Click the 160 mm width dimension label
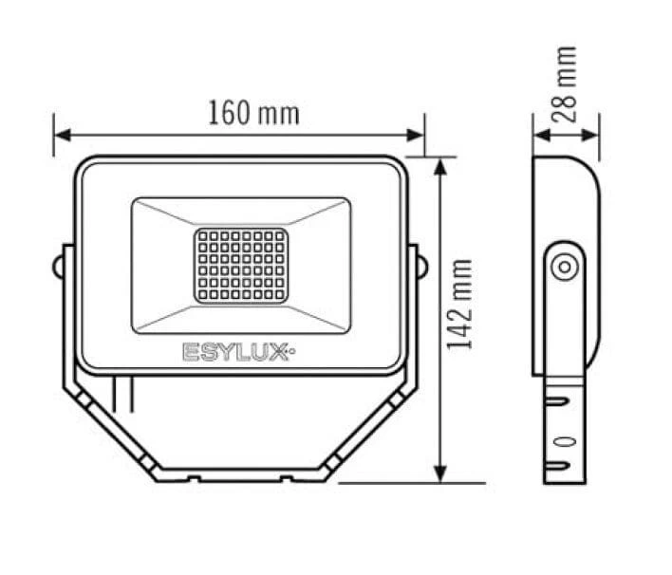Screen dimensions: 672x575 [x=253, y=113]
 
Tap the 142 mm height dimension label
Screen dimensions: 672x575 [x=459, y=305]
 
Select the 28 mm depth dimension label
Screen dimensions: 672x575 [x=564, y=84]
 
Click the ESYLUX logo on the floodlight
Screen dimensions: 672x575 [x=239, y=352]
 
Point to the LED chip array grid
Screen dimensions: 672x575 [x=241, y=266]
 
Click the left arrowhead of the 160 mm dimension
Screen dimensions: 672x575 [x=63, y=135]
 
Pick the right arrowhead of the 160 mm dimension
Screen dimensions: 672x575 [x=415, y=135]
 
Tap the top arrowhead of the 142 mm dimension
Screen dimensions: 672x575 [x=440, y=166]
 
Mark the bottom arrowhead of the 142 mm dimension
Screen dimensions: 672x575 [x=440, y=473]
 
